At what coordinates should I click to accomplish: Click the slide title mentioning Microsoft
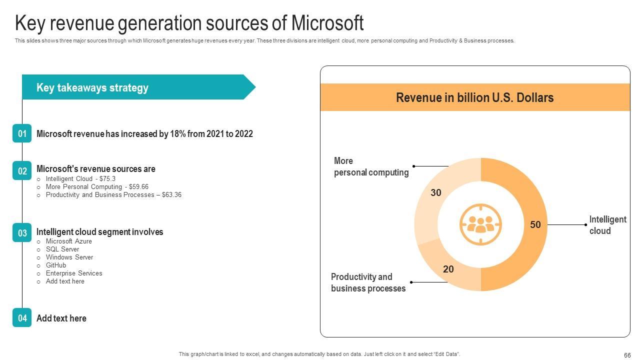point(189,23)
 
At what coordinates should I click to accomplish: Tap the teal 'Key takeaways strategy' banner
point(135,87)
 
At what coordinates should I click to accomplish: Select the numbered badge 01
point(22,133)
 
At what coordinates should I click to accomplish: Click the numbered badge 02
point(22,171)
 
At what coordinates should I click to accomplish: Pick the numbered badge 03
point(22,232)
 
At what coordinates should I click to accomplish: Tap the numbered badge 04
point(22,318)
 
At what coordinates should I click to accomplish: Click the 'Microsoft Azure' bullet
point(69,241)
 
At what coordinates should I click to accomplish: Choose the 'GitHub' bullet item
point(56,265)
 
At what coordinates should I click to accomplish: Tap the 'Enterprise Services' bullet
point(74,273)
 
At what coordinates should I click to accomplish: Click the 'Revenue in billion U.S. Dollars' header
point(474,97)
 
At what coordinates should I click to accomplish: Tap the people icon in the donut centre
point(480,224)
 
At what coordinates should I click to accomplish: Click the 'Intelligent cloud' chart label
point(607,225)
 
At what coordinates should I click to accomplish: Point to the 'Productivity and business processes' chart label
point(368,282)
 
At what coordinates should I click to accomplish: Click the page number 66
point(627,355)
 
